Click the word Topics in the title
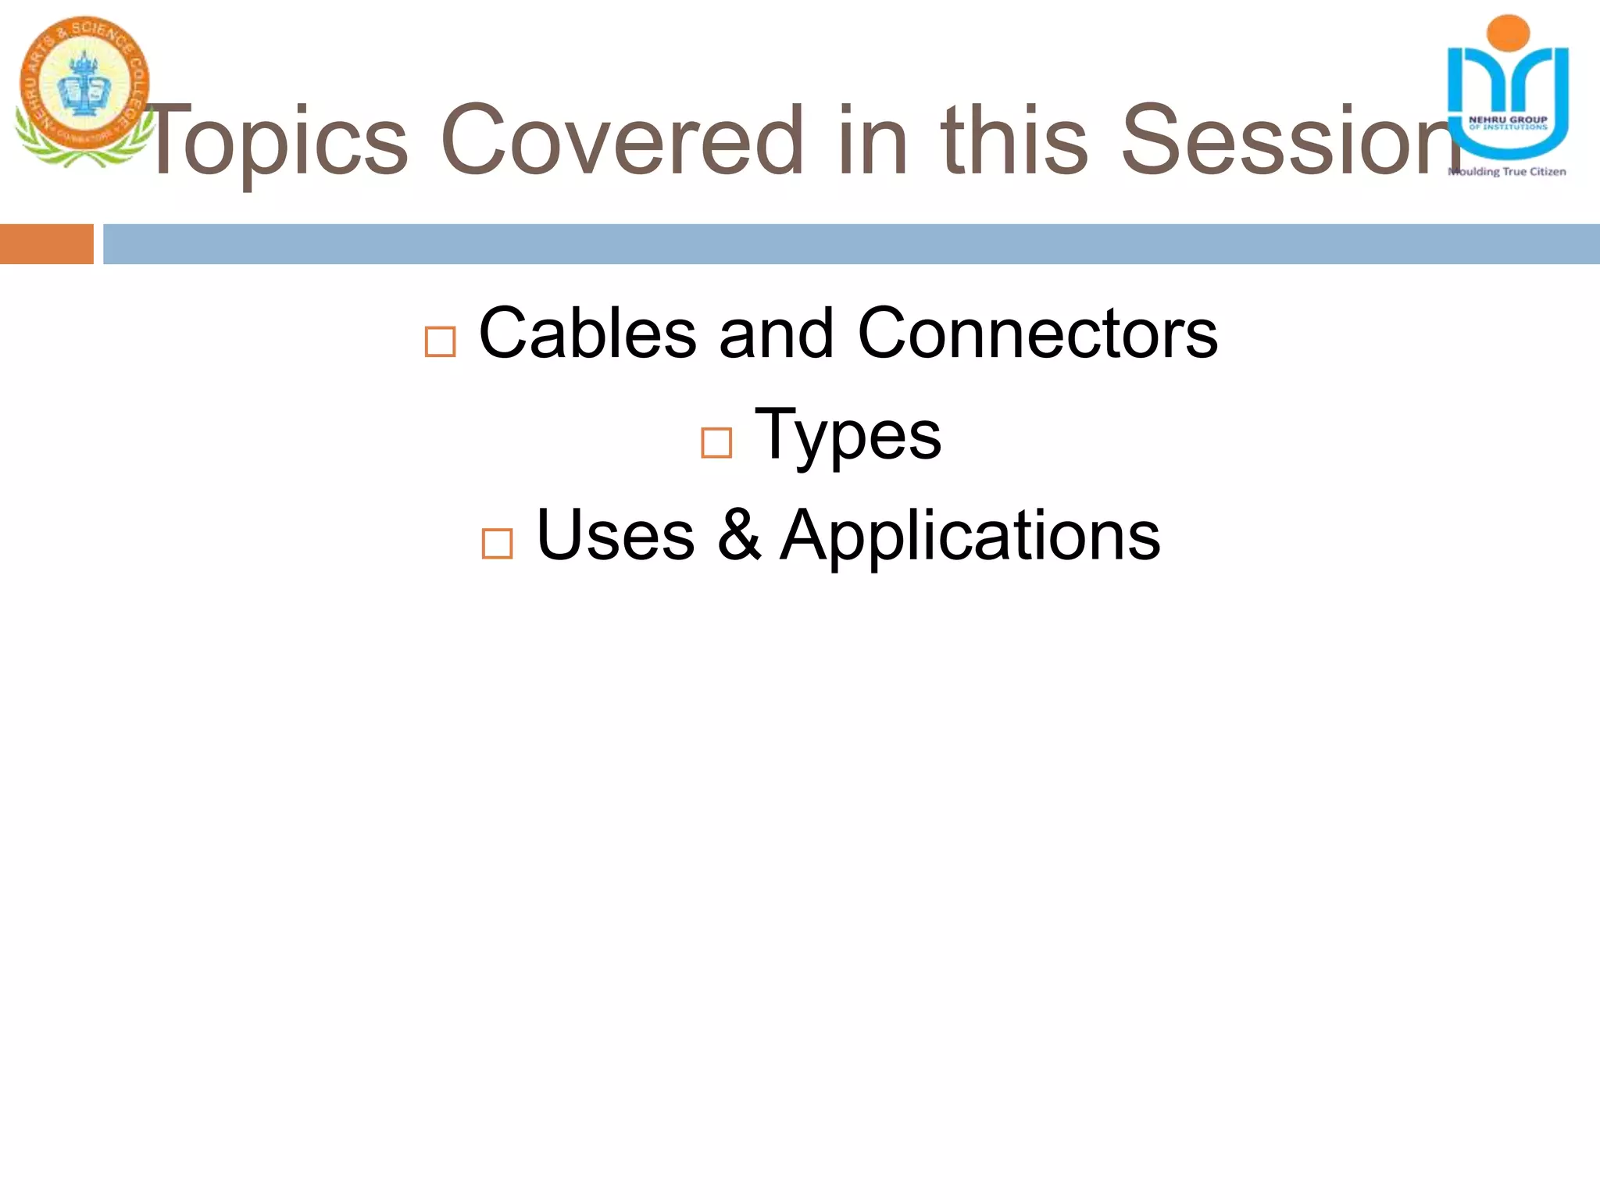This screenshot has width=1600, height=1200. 277,141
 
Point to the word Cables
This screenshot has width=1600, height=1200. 587,334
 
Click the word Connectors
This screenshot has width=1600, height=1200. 1037,334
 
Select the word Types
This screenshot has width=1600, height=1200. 848,435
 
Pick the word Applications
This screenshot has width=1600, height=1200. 970,537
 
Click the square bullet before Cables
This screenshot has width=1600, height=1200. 440,342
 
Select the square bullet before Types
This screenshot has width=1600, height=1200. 716,443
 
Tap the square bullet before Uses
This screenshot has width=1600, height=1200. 498,544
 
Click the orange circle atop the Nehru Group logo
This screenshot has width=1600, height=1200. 1509,33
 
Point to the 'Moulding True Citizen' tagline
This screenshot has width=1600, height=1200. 1508,172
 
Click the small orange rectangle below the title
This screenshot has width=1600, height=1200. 46,244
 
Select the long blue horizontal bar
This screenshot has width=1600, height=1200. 852,244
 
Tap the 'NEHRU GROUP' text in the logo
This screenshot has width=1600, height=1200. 1508,120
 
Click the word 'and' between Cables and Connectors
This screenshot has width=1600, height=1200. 777,334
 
